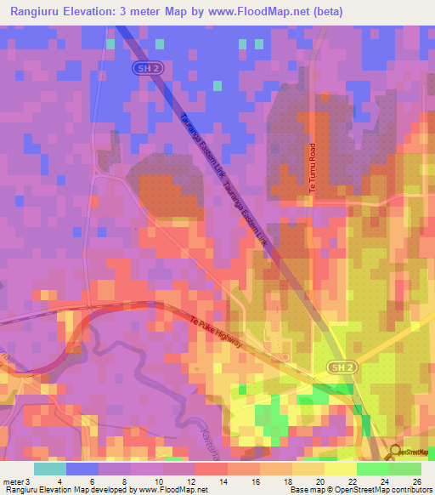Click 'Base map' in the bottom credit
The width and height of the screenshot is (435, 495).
pos(307,490)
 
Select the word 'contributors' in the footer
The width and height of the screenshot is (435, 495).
pos(408,490)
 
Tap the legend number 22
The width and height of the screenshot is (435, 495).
pos(351,481)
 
